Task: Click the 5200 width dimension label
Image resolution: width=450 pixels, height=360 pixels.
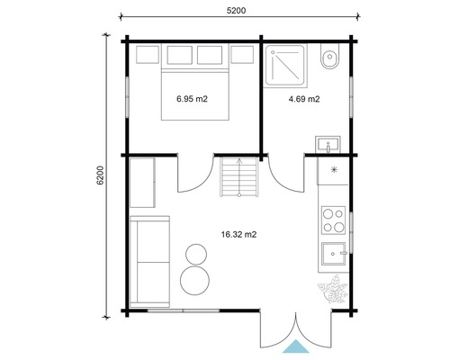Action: (x=237, y=9)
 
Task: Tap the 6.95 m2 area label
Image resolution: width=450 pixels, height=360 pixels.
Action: (x=193, y=99)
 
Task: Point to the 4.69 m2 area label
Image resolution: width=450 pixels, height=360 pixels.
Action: (x=303, y=99)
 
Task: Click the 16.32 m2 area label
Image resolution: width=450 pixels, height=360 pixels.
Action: (x=238, y=235)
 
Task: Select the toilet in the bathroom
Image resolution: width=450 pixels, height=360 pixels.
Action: (x=329, y=59)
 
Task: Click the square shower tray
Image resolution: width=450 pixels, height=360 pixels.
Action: (x=287, y=64)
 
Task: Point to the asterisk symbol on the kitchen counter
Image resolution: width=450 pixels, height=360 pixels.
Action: (x=334, y=169)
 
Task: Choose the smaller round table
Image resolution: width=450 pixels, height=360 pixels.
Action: (x=193, y=253)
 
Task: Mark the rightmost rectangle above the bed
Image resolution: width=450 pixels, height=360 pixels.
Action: (x=241, y=57)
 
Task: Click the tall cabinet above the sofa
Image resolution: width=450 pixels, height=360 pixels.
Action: (x=142, y=183)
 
